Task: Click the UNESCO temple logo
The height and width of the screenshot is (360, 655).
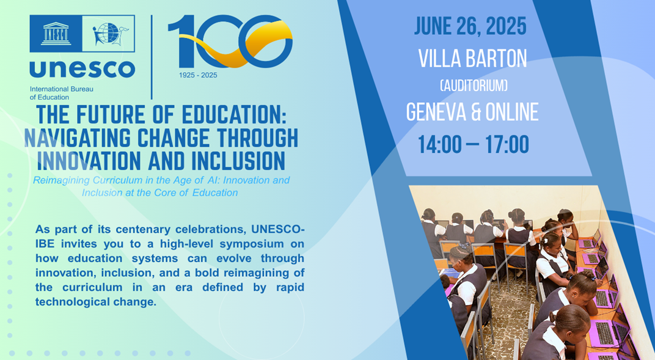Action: point(56,34)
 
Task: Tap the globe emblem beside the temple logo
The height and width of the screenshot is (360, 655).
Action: point(109,34)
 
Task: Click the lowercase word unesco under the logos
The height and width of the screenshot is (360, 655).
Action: point(82,69)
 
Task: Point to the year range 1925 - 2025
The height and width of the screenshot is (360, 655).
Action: point(198,75)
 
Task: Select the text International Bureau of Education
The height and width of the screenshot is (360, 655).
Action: point(61,93)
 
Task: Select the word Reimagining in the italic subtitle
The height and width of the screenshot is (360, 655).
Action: point(61,180)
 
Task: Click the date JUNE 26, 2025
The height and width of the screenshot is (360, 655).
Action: point(470,26)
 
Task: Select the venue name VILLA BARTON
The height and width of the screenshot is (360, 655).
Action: point(472,59)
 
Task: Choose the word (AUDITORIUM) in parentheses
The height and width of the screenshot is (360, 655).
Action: point(474,86)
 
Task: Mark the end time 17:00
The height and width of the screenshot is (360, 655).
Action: point(507,144)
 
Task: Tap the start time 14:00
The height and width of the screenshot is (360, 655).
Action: point(440,144)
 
